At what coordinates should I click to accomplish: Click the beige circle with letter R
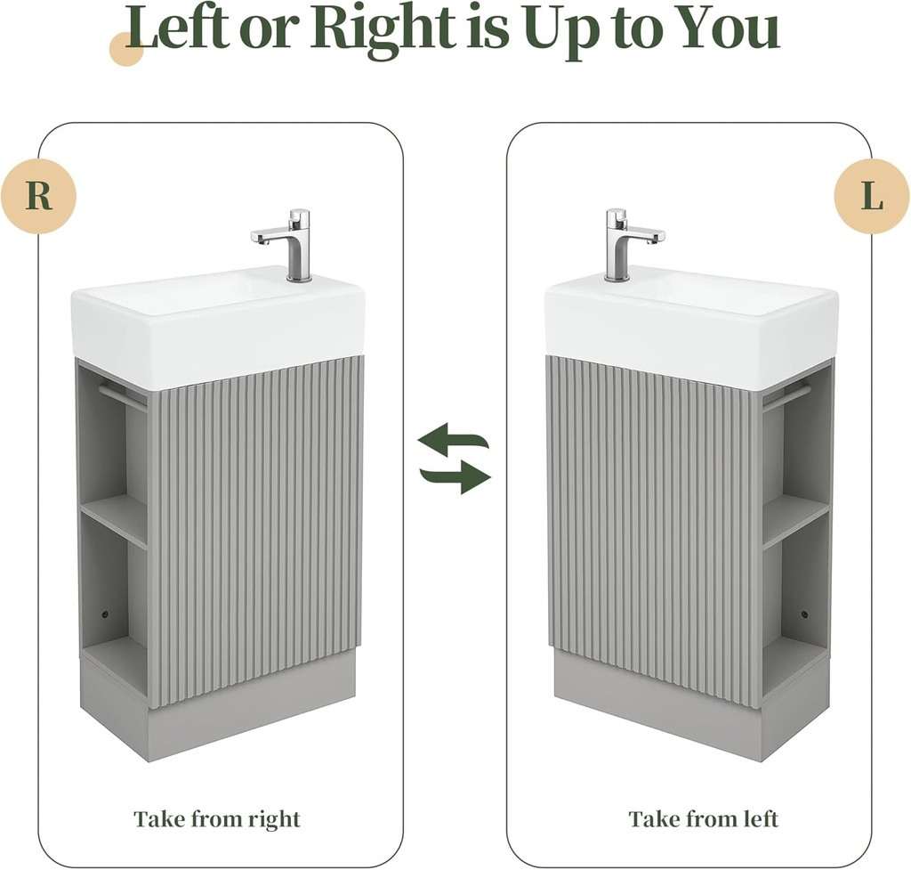[38, 196]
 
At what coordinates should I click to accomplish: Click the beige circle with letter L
[872, 196]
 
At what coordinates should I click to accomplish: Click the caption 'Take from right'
[217, 819]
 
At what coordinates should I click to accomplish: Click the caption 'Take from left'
[703, 819]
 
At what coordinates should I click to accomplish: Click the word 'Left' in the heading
[178, 28]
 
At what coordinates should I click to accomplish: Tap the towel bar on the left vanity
[122, 396]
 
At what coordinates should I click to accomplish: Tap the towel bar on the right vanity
[786, 398]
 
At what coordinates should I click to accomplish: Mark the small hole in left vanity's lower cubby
[105, 614]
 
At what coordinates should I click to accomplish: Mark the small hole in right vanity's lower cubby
[804, 614]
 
